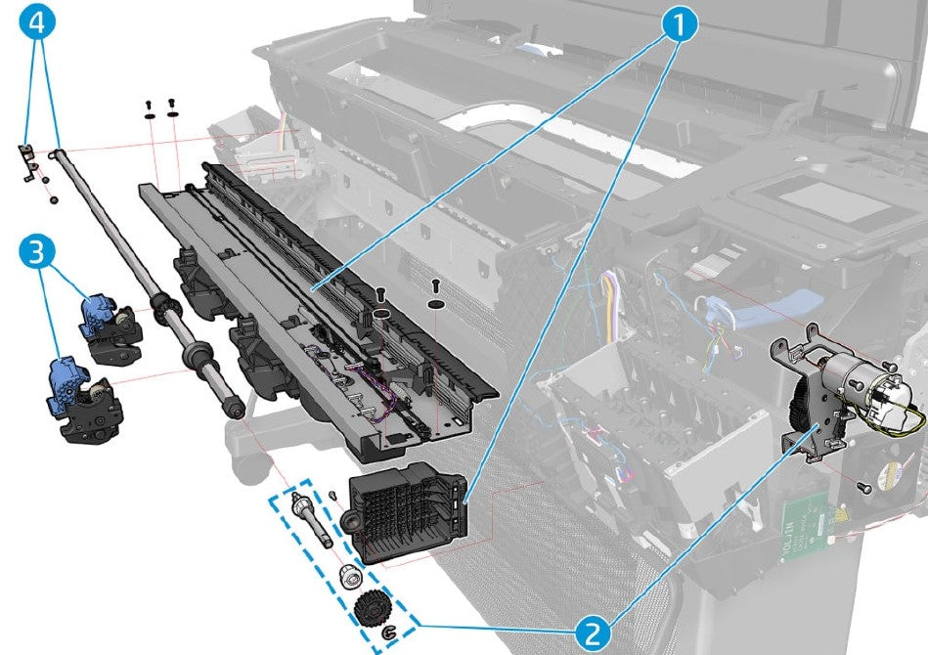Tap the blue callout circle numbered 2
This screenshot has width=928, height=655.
(592, 633)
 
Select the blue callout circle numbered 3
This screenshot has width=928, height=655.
(35, 254)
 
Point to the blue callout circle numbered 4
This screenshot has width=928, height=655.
(35, 22)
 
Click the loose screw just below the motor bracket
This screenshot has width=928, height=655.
(864, 485)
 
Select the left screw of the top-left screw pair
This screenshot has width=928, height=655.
(149, 107)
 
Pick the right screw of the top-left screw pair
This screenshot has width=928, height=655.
(172, 105)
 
